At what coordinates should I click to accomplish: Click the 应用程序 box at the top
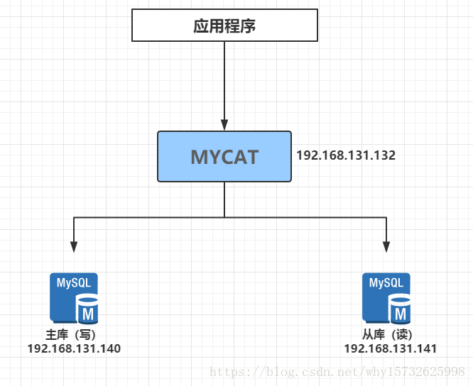pos(224,27)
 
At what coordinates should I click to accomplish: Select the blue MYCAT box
pos(224,157)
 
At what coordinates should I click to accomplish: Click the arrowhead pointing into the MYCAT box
pos(224,125)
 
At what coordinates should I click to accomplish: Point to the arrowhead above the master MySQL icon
pos(74,246)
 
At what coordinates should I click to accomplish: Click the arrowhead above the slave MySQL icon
pos(386,246)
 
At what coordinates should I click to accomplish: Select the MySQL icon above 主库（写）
pos(74,299)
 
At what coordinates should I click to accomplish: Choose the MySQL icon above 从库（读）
pos(386,299)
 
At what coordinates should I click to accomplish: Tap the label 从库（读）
pos(386,335)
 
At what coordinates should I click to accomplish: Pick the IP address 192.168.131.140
pos(74,348)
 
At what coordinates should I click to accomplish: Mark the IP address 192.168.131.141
pos(390,348)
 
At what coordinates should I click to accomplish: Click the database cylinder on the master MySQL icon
pos(88,311)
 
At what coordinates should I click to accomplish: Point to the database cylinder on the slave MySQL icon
pos(401,311)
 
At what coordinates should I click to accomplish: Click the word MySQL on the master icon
pos(74,282)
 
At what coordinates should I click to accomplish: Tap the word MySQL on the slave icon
pos(386,282)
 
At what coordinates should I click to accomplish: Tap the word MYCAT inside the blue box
pos(224,157)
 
